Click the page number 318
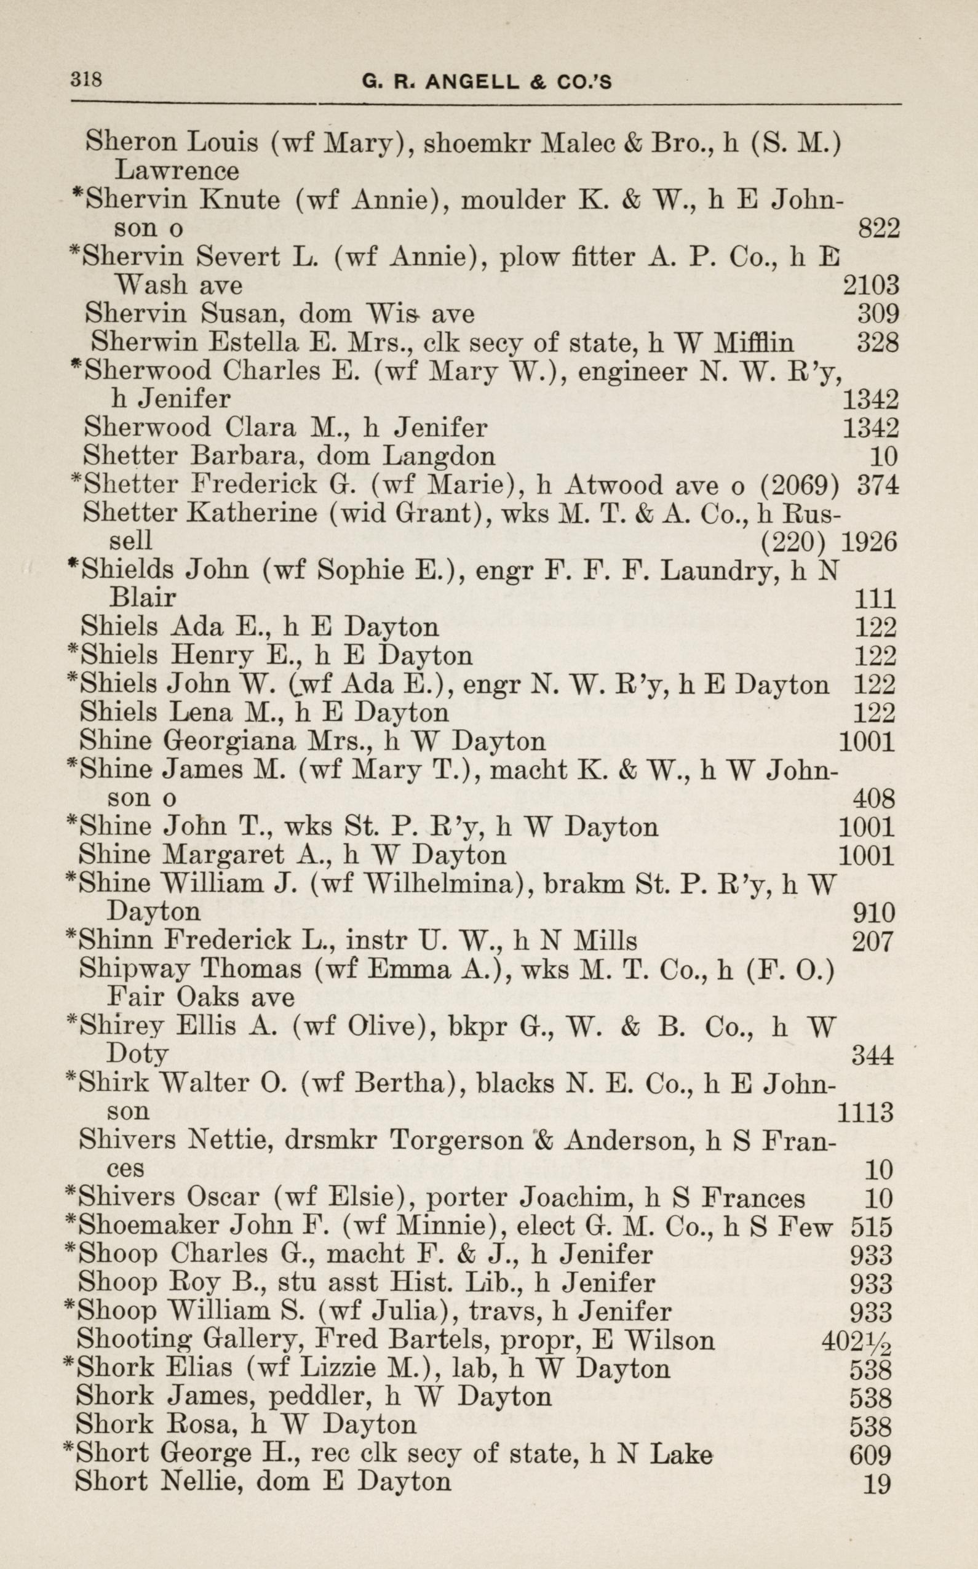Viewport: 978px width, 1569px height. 86,80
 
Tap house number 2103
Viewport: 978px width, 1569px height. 870,285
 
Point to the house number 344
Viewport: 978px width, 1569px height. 873,1056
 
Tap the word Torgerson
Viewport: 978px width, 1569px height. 457,1140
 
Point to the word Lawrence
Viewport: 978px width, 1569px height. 177,171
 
